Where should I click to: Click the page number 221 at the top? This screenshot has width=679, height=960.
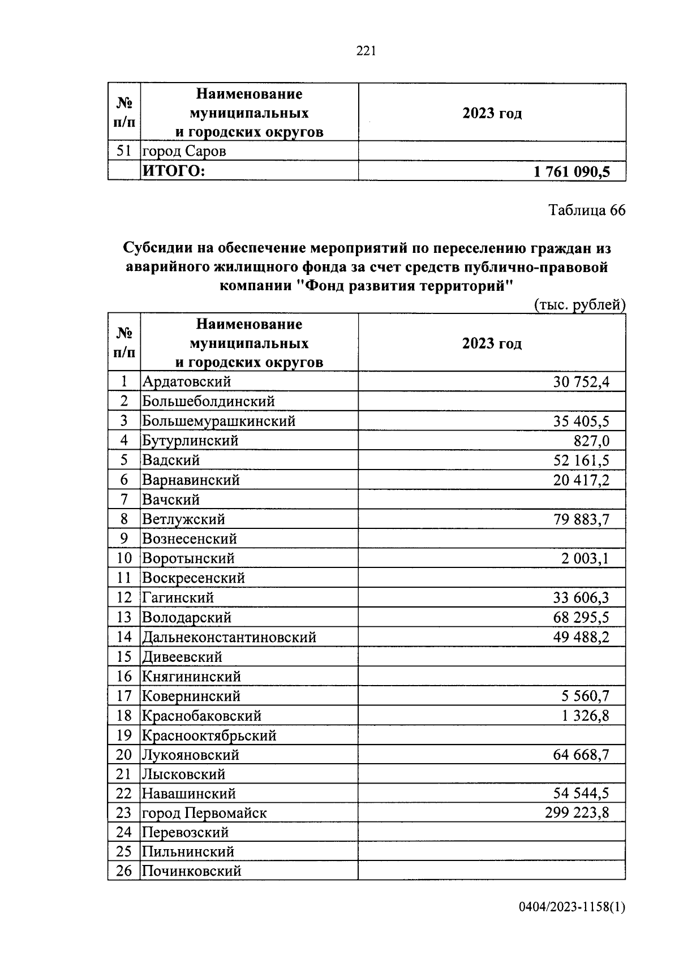366,51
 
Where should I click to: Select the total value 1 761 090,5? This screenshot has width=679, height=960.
571,171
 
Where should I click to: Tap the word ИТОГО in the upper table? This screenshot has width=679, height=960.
173,171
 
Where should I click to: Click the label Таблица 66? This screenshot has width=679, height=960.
587,210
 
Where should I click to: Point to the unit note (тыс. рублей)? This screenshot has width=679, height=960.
579,305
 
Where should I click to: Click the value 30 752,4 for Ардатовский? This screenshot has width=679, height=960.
581,382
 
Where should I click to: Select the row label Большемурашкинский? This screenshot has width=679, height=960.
218,421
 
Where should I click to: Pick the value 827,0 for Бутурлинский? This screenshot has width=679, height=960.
591,441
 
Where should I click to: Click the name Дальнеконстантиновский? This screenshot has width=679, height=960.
229,638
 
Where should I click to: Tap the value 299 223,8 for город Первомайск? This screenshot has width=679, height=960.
577,813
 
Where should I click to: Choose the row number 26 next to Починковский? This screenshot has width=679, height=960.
124,871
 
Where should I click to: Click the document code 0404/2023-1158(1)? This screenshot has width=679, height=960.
572,923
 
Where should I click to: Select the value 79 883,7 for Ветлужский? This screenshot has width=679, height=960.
581,519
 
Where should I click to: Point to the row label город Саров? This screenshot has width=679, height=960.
184,152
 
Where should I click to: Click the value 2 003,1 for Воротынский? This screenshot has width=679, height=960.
585,559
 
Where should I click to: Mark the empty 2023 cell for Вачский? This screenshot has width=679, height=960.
491,500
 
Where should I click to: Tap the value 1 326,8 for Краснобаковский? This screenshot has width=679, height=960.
585,716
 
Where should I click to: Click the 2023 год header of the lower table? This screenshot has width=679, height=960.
491,343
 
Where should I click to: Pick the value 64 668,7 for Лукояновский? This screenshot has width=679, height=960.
581,755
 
